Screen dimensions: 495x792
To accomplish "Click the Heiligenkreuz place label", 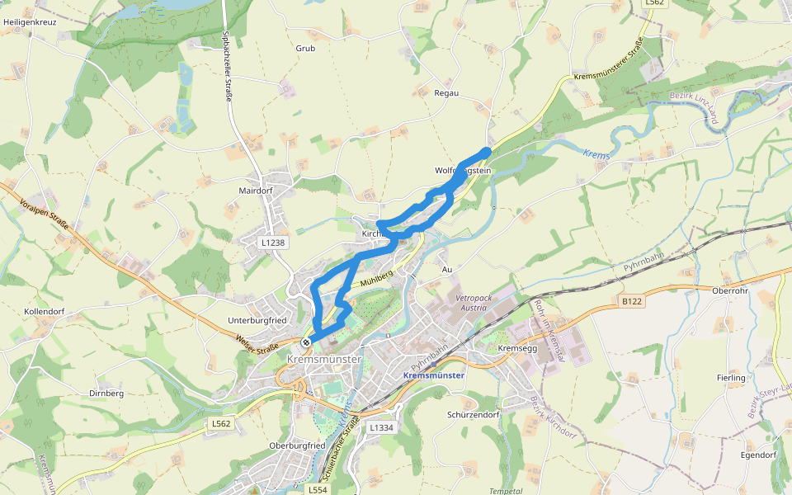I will tap(30, 21).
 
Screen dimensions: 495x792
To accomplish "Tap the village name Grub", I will tap(305, 48).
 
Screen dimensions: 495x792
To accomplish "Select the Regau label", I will tap(445, 93).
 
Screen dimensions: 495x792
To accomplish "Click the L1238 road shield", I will tap(272, 243).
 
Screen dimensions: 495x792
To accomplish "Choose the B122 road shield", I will tap(632, 302).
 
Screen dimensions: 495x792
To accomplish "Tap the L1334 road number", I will tap(382, 427).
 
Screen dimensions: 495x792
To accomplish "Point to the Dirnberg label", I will tap(106, 394).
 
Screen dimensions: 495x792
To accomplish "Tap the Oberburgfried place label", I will tap(297, 445).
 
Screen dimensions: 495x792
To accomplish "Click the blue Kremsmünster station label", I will tap(434, 375).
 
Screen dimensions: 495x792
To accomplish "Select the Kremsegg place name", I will tap(517, 348).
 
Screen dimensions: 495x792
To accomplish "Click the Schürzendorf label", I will tap(475, 414).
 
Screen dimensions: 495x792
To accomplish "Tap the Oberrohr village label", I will tap(728, 290).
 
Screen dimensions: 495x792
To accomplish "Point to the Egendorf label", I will tap(759, 455).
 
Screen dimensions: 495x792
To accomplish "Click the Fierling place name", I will tap(731, 378).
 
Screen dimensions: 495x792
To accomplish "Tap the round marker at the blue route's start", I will tap(306, 342).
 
